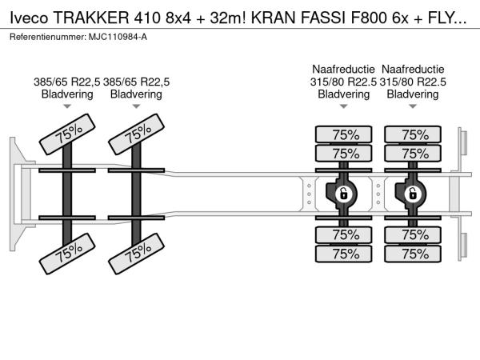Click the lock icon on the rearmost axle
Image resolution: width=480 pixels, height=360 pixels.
pos(414,193)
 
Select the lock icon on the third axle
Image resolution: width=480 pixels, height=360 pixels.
pos(344,193)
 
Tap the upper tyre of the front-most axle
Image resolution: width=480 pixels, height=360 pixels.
pos(67,135)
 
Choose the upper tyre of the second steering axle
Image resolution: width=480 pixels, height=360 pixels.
pos(137,135)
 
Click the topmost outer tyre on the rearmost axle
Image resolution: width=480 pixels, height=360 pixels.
pos(414,134)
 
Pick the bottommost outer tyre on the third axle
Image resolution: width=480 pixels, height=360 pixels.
pos(344,254)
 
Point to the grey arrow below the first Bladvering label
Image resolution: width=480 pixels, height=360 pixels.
pos(67,106)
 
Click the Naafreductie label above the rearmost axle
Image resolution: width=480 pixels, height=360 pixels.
pos(414,69)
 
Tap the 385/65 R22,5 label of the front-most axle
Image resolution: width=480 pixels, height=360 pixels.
pos(67,82)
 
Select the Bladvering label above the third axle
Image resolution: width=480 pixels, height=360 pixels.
pos(344,94)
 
